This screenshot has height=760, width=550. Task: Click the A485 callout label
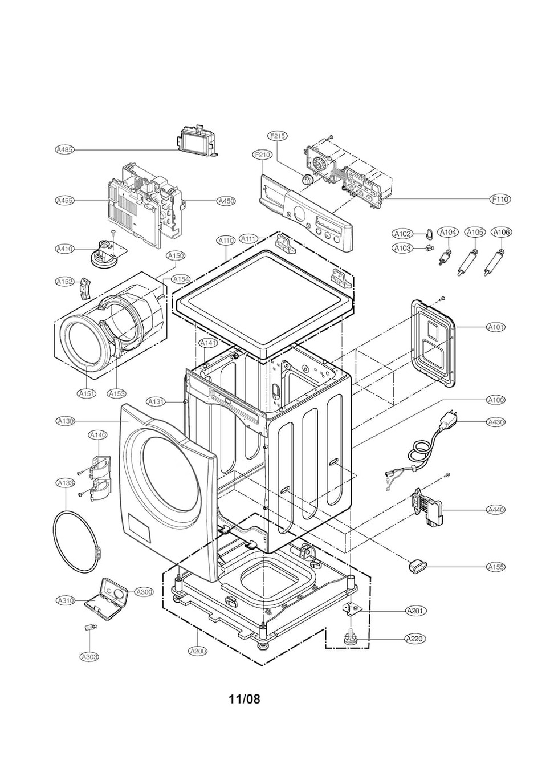pos(64,149)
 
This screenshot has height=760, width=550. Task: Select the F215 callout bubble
pos(278,136)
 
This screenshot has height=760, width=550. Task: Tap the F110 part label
pos(500,199)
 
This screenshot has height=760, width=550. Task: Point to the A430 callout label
pos(496,422)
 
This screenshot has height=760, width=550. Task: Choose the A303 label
pos(89,666)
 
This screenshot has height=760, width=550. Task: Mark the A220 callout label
pos(415,639)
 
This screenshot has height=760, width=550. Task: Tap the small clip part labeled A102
pos(429,233)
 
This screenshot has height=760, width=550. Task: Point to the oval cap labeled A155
pos(417,567)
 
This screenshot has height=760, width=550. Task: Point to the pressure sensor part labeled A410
pos(105,251)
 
